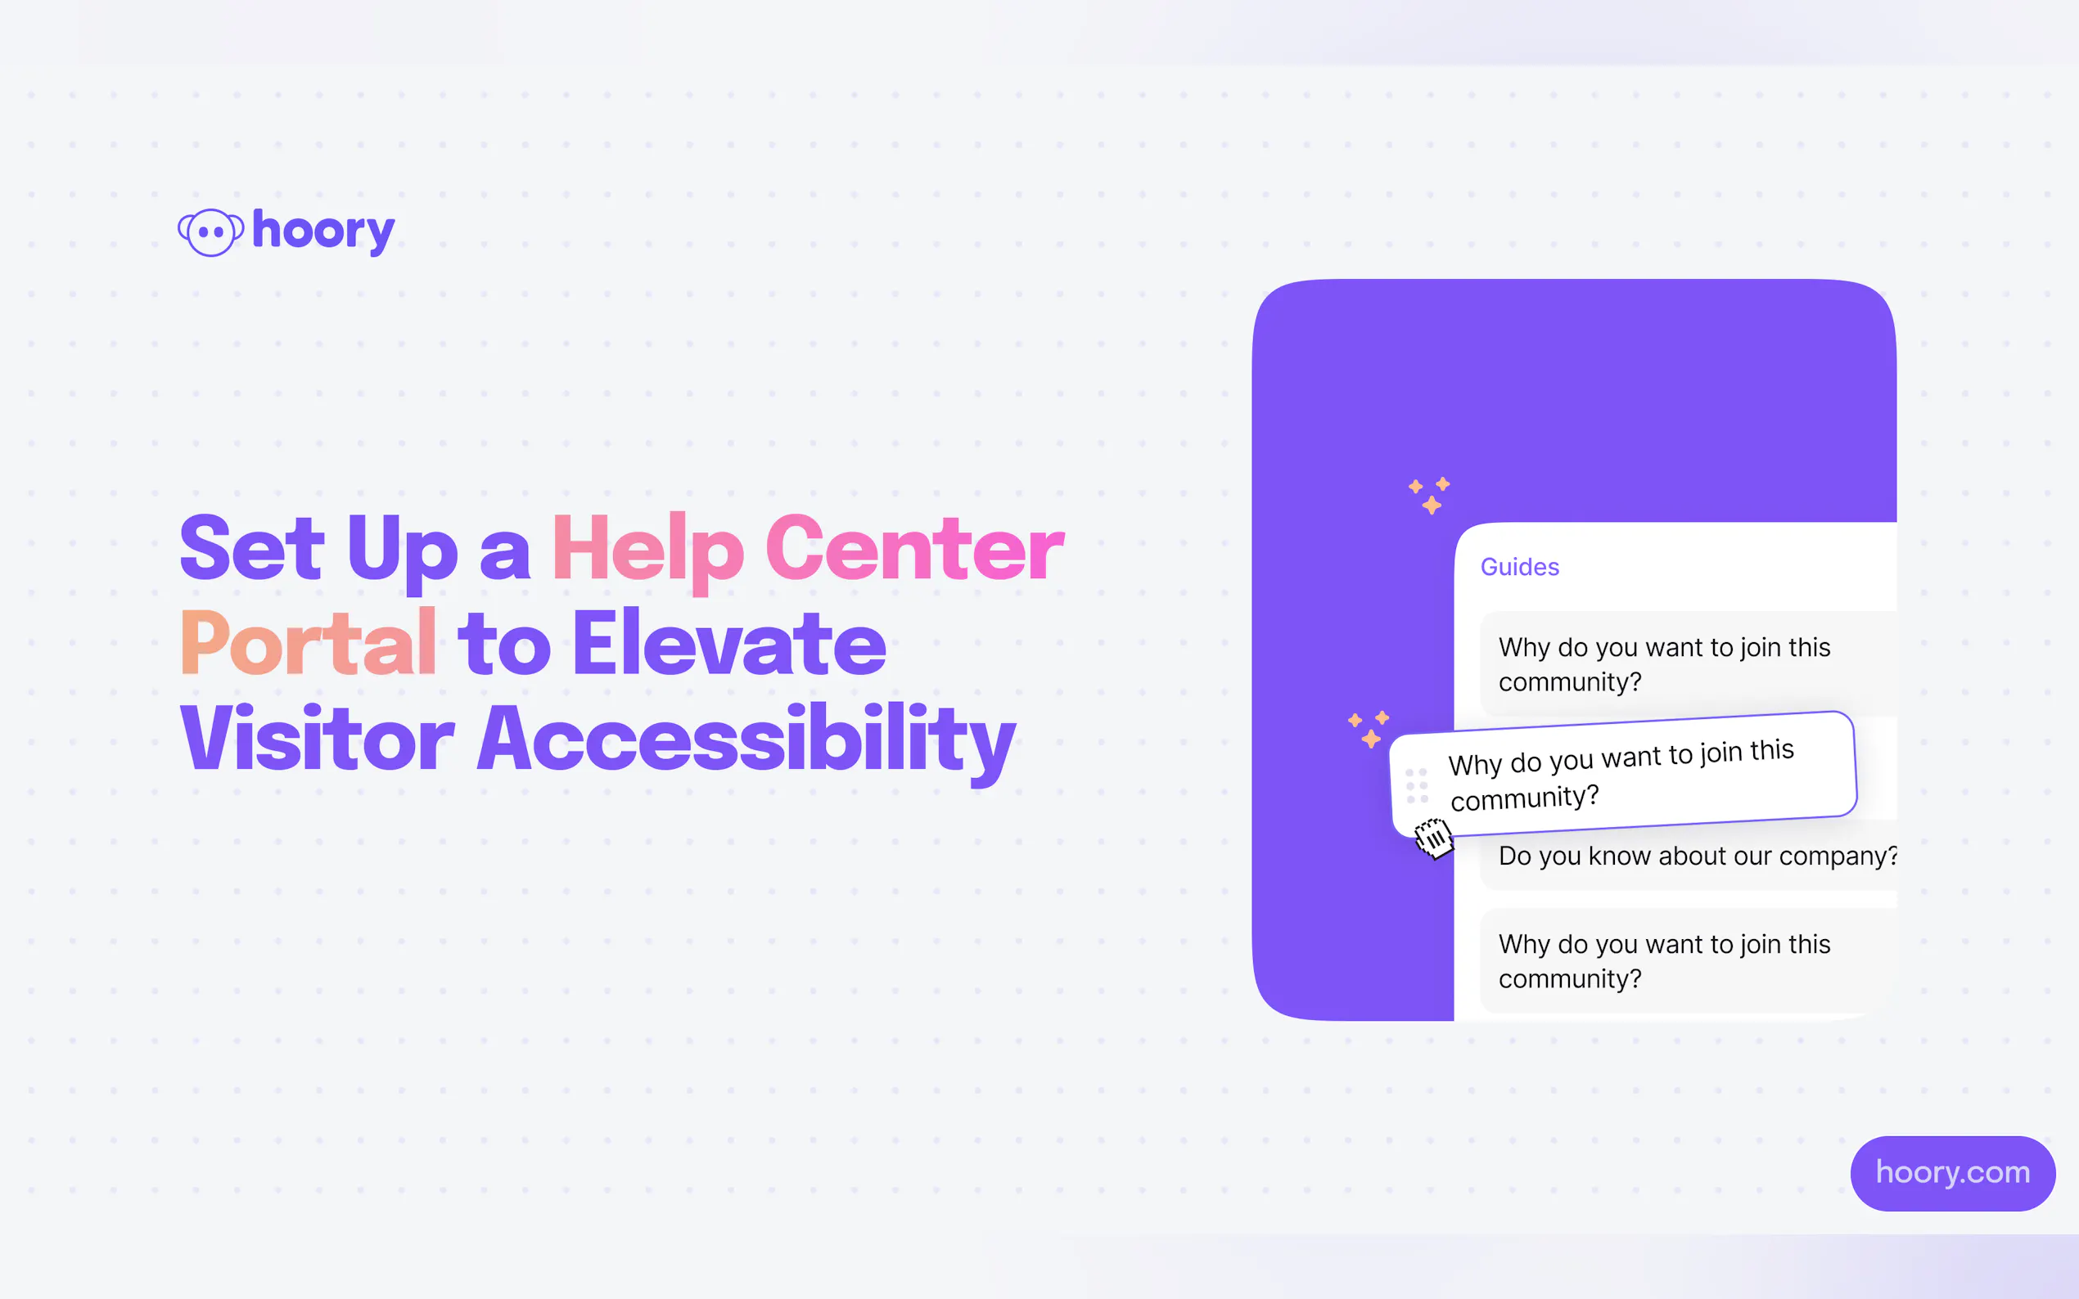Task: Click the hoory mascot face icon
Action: click(x=210, y=232)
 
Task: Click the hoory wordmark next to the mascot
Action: click(x=323, y=232)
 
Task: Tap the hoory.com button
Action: click(x=1953, y=1173)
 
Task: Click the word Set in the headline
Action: click(x=252, y=548)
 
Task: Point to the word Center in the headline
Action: click(x=914, y=548)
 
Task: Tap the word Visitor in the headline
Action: click(x=317, y=736)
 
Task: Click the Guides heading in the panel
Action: click(x=1519, y=567)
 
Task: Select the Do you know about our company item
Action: click(x=1697, y=856)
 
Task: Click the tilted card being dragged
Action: click(x=1622, y=774)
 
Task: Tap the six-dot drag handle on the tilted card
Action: click(x=1416, y=786)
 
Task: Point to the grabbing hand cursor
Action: click(x=1433, y=838)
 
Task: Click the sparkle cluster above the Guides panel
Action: click(x=1429, y=496)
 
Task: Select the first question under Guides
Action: click(x=1664, y=664)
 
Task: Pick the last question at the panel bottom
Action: click(x=1664, y=961)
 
